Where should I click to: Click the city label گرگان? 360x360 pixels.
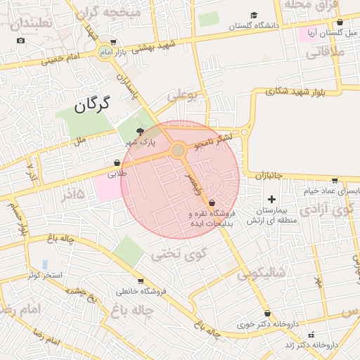92,105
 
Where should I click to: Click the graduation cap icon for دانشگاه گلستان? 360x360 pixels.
253,15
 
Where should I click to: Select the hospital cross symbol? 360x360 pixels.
272,200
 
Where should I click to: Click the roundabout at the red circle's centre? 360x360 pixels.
179,150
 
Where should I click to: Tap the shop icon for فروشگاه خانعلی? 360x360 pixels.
141,281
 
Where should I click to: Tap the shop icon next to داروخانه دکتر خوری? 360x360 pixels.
266,314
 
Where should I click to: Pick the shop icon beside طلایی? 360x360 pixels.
116,162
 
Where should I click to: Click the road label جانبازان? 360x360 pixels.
269,175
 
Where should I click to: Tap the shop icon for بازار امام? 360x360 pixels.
115,43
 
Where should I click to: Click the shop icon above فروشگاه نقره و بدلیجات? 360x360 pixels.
212,202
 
